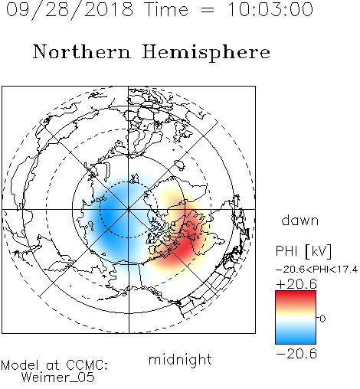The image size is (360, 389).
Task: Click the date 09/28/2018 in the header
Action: (70, 9)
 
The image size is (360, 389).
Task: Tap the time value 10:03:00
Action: (270, 9)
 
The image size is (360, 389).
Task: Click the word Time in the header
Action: (166, 9)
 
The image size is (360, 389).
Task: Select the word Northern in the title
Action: (82, 51)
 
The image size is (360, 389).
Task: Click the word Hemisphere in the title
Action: (206, 53)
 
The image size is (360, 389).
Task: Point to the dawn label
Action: (300, 220)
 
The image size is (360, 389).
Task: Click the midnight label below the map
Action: (180, 359)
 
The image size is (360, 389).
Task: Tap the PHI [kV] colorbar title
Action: (303, 251)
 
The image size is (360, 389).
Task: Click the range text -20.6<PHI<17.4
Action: (316, 270)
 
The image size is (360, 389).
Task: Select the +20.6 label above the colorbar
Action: (296, 284)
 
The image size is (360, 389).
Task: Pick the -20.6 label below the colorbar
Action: (296, 354)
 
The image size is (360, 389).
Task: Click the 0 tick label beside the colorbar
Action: (322, 319)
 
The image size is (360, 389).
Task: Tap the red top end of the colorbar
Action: (296, 293)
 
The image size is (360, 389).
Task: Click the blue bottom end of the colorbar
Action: (296, 342)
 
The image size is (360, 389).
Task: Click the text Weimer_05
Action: (58, 377)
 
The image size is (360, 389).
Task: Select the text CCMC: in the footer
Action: (87, 364)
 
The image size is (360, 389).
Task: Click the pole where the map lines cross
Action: (129, 209)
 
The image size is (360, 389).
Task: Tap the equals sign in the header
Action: (208, 10)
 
